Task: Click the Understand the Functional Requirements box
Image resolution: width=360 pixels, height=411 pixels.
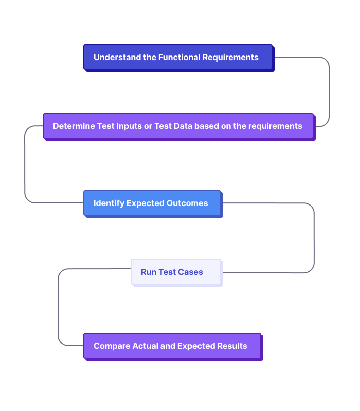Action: point(178,57)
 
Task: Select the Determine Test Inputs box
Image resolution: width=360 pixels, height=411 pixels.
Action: point(178,126)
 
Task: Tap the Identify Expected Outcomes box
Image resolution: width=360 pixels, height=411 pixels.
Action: point(152,203)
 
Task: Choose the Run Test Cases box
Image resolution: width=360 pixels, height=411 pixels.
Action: point(176,272)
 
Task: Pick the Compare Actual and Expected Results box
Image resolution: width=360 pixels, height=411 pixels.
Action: point(172,346)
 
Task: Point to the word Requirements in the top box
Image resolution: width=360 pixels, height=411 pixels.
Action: point(230,57)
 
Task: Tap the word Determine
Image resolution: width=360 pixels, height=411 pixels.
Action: point(74,126)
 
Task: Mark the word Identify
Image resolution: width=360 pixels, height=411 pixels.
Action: point(109,203)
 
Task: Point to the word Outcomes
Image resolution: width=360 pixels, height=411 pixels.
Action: point(187,203)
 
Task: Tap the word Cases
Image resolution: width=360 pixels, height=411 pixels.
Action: point(191,272)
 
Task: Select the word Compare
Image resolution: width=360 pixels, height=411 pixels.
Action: point(112,346)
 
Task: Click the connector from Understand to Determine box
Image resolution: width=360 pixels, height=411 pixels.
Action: point(329,92)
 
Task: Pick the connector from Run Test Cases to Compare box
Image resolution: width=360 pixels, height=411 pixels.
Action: point(58,308)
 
